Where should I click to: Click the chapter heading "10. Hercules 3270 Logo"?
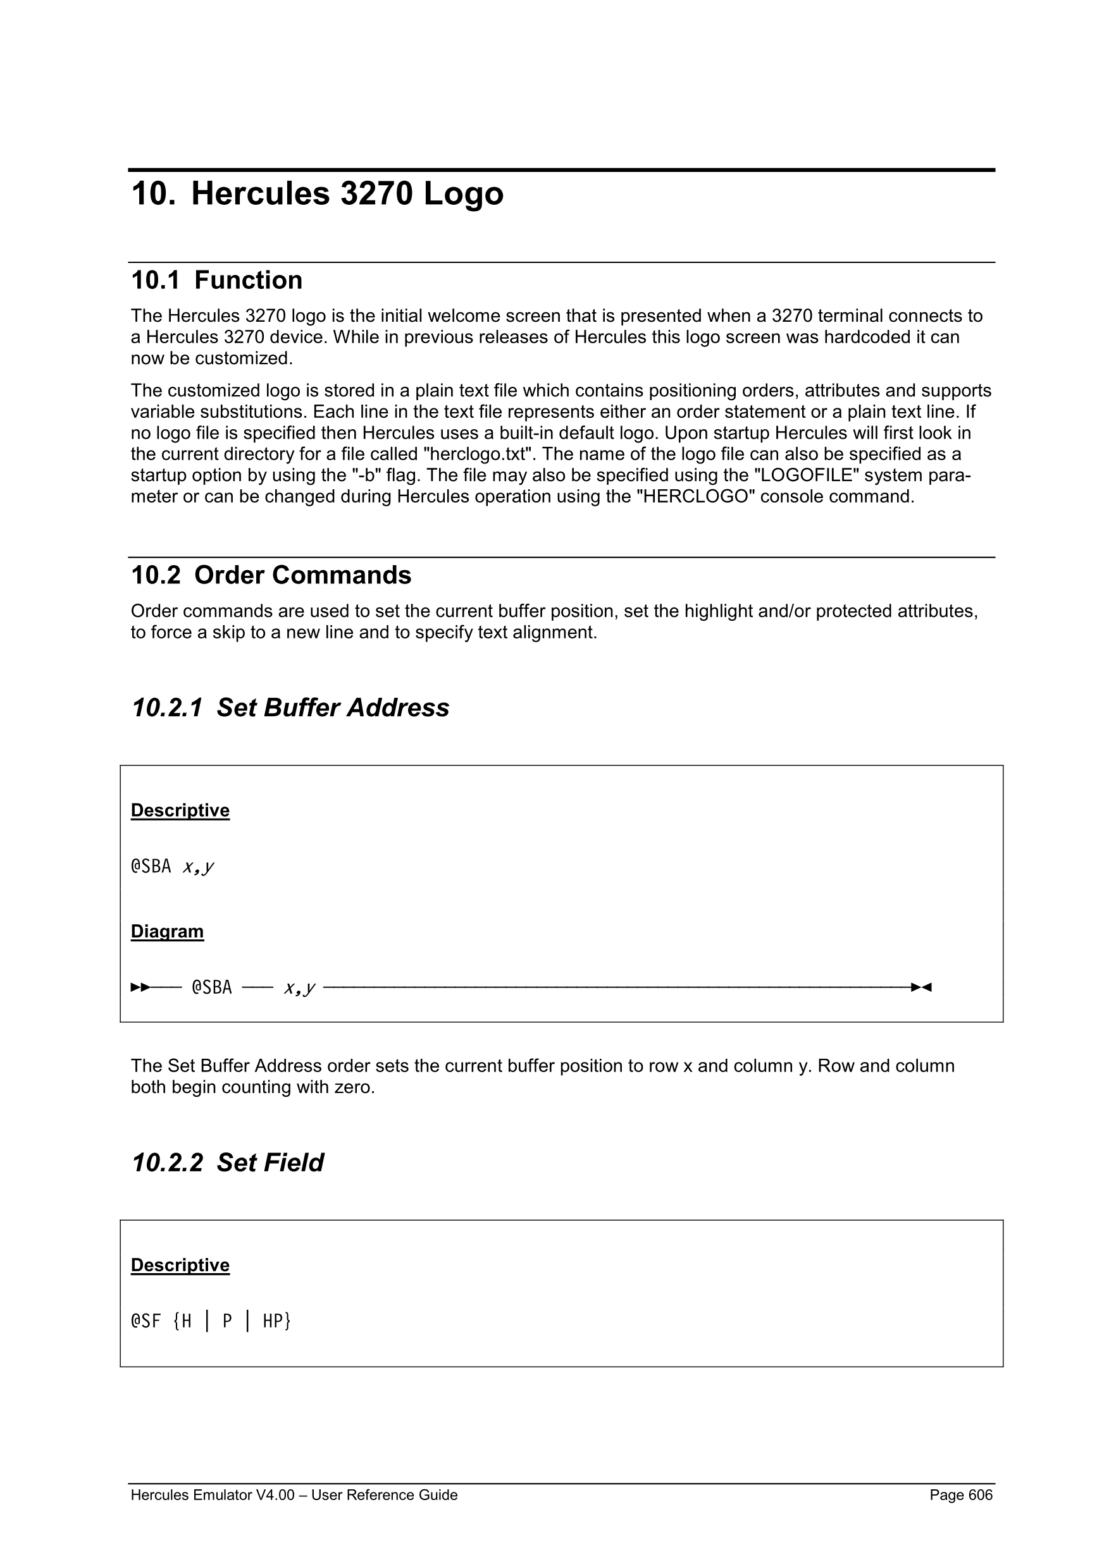click(317, 193)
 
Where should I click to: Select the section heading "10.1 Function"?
click(216, 280)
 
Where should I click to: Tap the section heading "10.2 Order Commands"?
click(271, 575)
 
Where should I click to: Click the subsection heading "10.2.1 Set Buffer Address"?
click(290, 707)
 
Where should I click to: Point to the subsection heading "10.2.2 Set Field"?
click(227, 1162)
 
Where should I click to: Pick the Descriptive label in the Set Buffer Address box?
click(180, 810)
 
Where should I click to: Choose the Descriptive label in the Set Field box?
click(180, 1265)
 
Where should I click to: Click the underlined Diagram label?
click(167, 932)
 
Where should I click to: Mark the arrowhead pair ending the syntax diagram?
click(920, 987)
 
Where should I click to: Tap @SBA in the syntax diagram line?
click(211, 987)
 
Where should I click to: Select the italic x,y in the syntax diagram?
click(299, 988)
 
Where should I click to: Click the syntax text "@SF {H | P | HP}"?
click(211, 1321)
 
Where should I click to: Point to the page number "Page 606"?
click(960, 1494)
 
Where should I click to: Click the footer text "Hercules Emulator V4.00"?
click(213, 1494)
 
